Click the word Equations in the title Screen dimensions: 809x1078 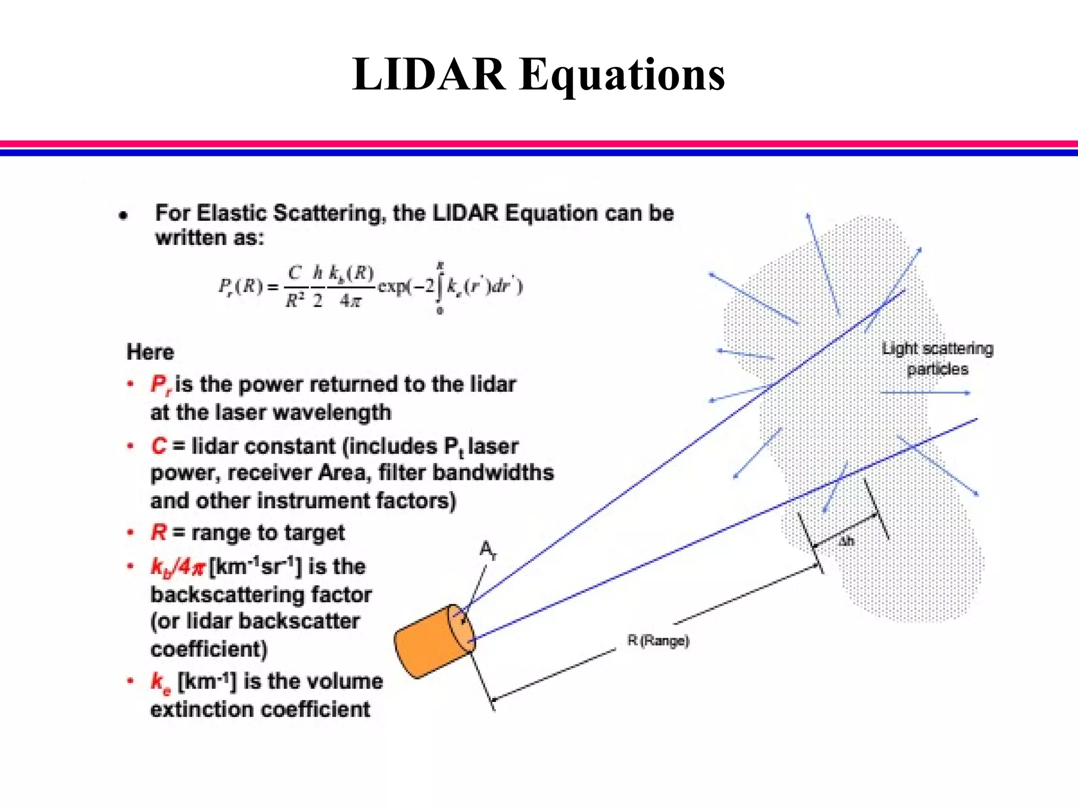(x=622, y=75)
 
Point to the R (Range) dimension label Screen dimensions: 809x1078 (x=658, y=641)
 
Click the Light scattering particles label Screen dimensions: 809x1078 (x=937, y=359)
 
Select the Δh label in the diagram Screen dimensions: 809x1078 (x=846, y=541)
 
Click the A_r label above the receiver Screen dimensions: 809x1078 (x=488, y=551)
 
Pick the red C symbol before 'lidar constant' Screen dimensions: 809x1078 (x=158, y=447)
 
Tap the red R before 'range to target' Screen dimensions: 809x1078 (x=158, y=533)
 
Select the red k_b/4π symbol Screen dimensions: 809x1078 (x=178, y=567)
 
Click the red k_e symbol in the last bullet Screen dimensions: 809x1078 (x=161, y=683)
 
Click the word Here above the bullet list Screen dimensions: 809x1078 (x=150, y=352)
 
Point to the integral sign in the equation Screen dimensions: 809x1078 (x=440, y=288)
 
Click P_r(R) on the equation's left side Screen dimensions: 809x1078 (x=241, y=287)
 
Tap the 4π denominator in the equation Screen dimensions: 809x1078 (x=351, y=301)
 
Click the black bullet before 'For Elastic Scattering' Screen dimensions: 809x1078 (x=123, y=215)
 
